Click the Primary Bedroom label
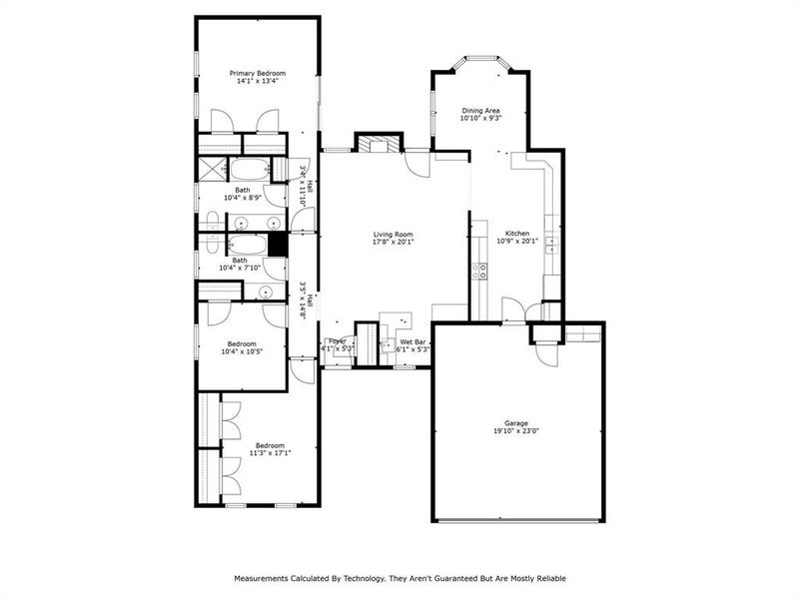click(x=258, y=73)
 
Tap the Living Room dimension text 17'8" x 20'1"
click(x=393, y=241)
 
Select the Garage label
click(x=516, y=423)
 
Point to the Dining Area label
click(x=480, y=110)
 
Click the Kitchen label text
click(x=517, y=233)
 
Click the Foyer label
click(x=338, y=341)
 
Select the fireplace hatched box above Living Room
click(x=378, y=146)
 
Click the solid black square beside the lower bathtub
click(x=278, y=245)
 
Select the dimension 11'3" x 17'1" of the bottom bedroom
click(x=269, y=453)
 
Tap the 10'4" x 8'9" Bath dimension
click(x=243, y=198)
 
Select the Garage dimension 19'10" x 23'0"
click(x=516, y=431)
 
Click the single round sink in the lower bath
click(x=263, y=292)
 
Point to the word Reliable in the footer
click(x=545, y=578)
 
